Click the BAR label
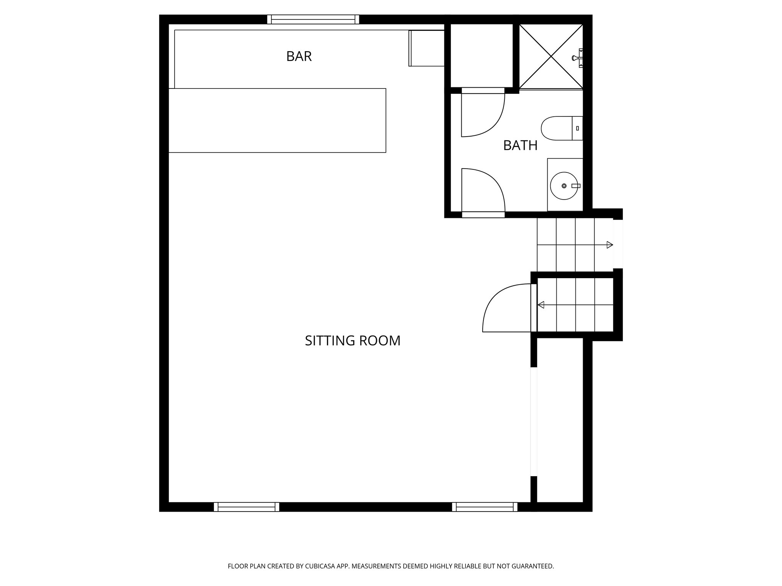299,56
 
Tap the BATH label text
520,146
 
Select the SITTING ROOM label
352,341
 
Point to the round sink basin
564,186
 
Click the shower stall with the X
551,57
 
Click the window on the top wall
313,19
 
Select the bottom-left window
246,507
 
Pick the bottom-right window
485,507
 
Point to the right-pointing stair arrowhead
610,245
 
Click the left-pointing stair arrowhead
541,305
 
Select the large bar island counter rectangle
277,121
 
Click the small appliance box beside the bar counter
427,48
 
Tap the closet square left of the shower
481,55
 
